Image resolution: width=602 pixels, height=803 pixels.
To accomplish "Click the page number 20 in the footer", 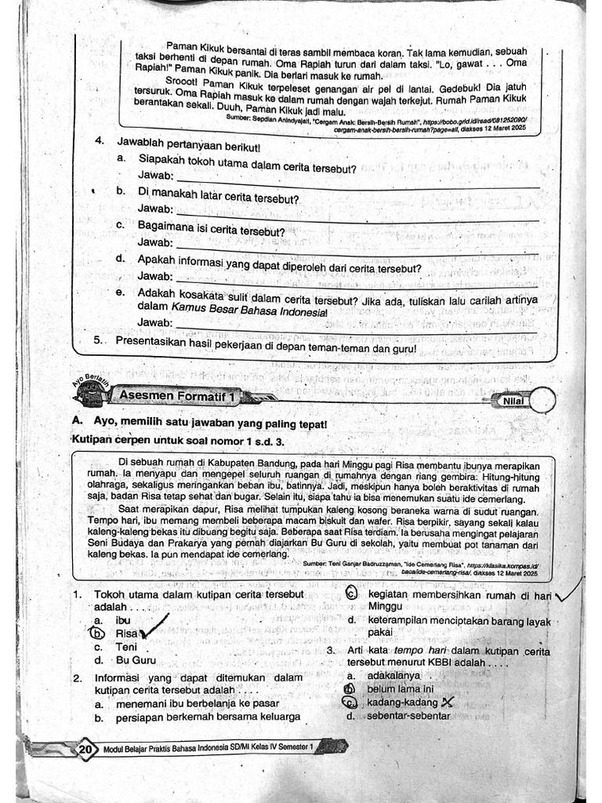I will coord(85,750).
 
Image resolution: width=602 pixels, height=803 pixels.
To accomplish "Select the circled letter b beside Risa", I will coord(97,634).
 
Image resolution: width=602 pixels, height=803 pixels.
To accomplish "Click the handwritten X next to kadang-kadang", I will coord(448,702).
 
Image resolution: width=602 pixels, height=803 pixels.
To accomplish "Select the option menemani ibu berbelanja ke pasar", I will coord(198,703).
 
